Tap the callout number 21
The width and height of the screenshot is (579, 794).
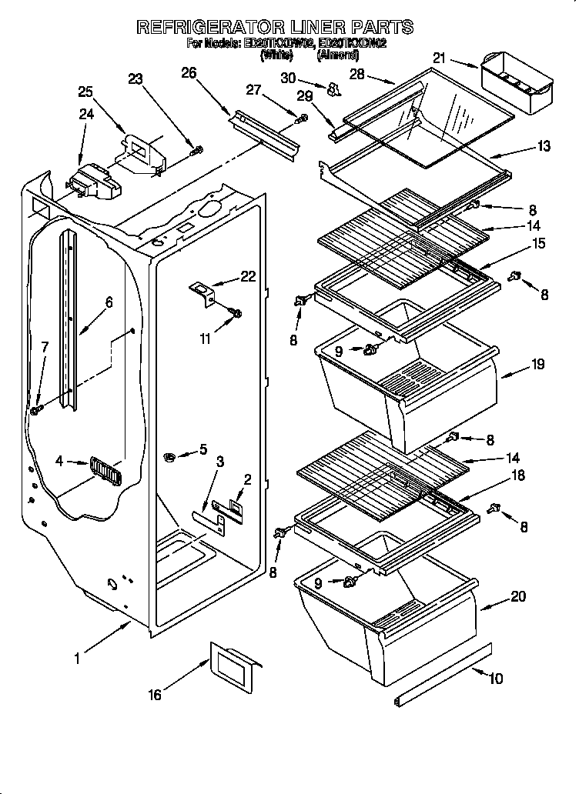pyautogui.click(x=439, y=58)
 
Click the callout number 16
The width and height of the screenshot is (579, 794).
pyautogui.click(x=155, y=695)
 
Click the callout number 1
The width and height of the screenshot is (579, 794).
pyautogui.click(x=77, y=658)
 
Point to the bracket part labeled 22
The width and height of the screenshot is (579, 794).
pyautogui.click(x=204, y=293)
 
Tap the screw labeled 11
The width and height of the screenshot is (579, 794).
pyautogui.click(x=236, y=313)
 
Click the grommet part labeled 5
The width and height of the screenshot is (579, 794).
pyautogui.click(x=169, y=459)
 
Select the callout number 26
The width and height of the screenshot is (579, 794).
pyautogui.click(x=188, y=73)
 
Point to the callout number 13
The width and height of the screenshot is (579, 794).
pyautogui.click(x=544, y=146)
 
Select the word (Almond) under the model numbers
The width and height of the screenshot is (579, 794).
pyautogui.click(x=338, y=55)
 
